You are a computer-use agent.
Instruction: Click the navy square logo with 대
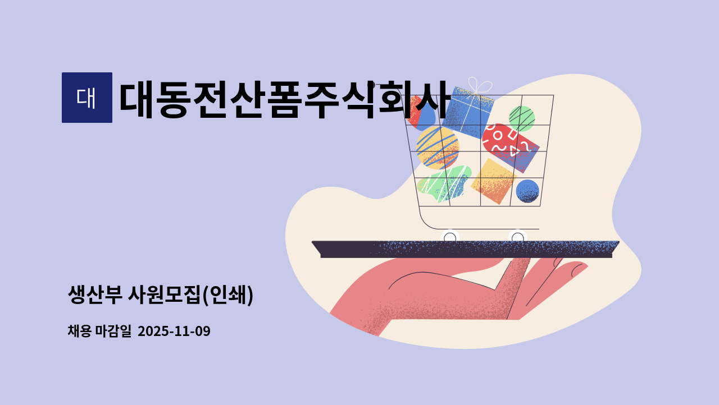87,98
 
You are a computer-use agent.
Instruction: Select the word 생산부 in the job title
94,295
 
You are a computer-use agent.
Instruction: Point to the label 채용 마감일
99,332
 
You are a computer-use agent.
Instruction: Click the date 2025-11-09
174,332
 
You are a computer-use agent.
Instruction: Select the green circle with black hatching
521,118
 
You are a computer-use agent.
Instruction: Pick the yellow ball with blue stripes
437,147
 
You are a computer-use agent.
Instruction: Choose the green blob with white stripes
444,183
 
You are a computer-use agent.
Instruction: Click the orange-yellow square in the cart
493,181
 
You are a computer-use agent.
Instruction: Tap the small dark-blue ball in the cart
527,191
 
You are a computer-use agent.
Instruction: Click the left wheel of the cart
450,238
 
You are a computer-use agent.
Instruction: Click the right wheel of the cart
517,238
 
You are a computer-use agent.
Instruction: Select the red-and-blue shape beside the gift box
420,112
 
